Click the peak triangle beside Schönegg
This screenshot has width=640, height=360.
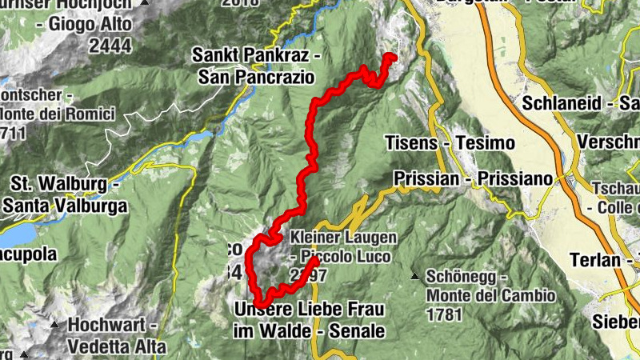click(x=414, y=277)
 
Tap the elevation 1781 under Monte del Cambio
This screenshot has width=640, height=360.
click(x=444, y=314)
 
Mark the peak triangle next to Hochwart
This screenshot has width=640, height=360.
click(x=55, y=326)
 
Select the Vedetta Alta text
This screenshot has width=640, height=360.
click(x=117, y=346)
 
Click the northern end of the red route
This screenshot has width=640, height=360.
click(x=392, y=56)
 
